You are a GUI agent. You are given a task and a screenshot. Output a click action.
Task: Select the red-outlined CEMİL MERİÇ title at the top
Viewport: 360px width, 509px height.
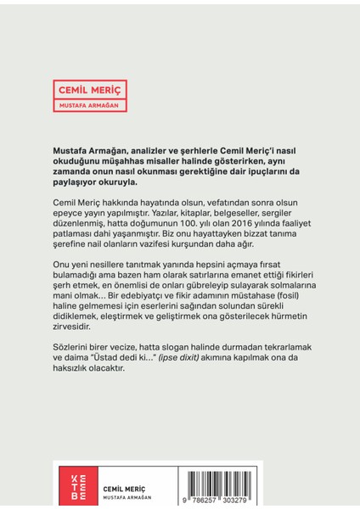coord(91,87)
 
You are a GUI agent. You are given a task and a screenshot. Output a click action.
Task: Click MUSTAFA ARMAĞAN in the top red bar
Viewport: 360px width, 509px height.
coord(91,105)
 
